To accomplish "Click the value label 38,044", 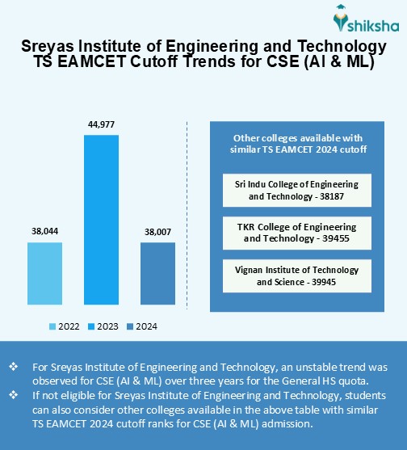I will coord(44,231).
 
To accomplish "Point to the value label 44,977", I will coord(101,124).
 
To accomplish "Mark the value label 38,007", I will coord(157,231).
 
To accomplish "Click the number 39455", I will coord(338,239).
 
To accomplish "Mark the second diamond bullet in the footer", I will coord(12,395).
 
